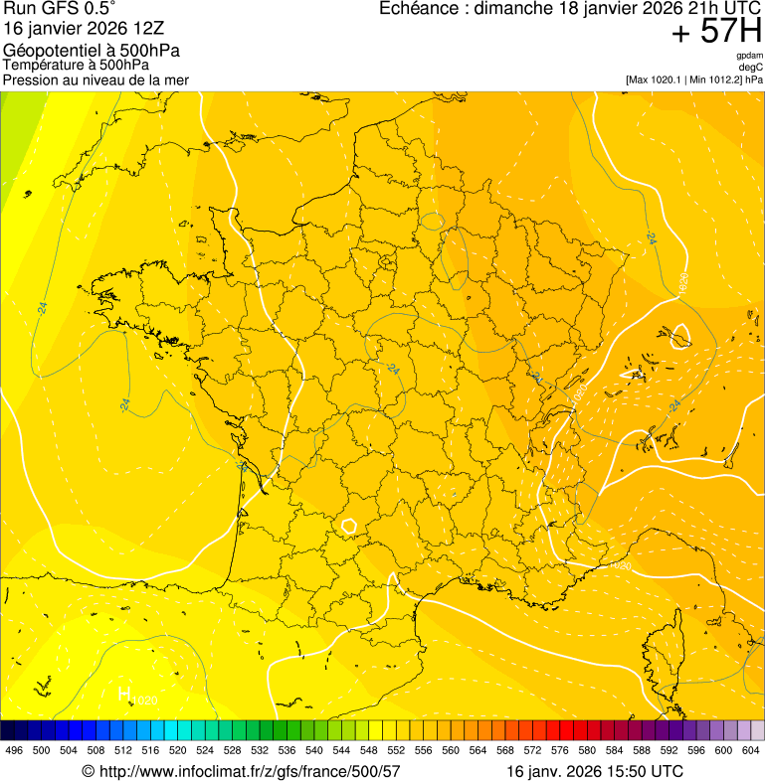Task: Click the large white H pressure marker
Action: click(124, 694)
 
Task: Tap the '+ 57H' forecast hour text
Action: click(715, 32)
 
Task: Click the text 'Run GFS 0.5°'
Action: click(59, 9)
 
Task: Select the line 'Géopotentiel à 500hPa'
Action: click(92, 51)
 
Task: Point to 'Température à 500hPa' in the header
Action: click(76, 65)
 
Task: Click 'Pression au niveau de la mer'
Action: click(96, 79)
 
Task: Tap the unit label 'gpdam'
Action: click(749, 56)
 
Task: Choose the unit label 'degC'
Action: click(751, 67)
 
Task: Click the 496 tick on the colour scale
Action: click(14, 750)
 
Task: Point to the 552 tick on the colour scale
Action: click(395, 750)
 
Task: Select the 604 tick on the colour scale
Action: click(750, 750)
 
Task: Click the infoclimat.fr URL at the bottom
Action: click(241, 770)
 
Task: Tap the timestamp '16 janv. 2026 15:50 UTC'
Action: click(595, 770)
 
